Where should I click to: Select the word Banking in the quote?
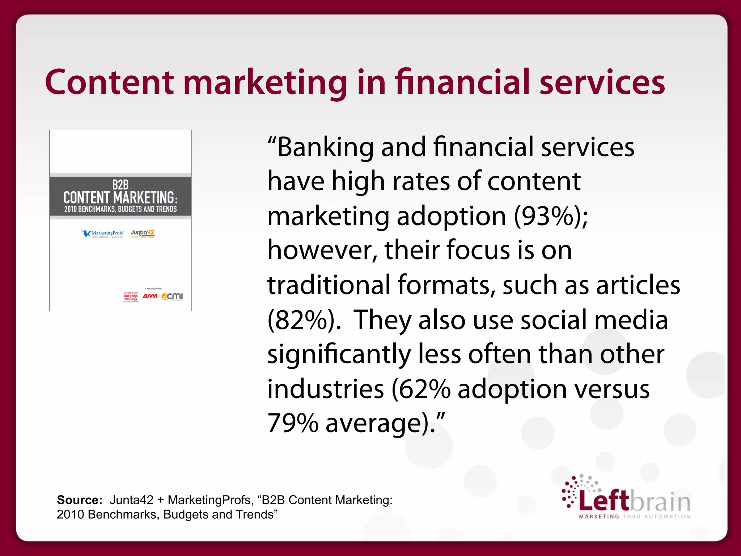[325, 147]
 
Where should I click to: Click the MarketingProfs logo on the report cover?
[103, 233]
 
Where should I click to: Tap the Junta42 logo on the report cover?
[143, 233]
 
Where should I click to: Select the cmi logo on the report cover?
[173, 296]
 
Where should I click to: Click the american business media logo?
[131, 296]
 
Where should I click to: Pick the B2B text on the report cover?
[120, 185]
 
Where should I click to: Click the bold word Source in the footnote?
[79, 500]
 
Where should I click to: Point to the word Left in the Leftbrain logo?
[604, 501]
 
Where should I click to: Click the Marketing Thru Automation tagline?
[635, 517]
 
